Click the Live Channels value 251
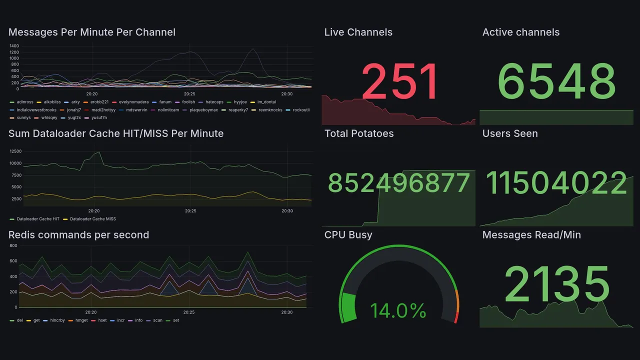(399, 81)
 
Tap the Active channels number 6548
(556, 81)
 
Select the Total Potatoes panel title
(358, 133)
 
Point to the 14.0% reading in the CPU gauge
(398, 310)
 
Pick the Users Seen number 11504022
(556, 183)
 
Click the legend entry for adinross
(25, 102)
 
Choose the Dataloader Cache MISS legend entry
(92, 219)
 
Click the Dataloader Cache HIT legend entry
(37, 219)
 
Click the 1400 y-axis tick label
(14, 46)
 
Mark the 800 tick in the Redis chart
(13, 245)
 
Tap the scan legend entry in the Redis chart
(157, 320)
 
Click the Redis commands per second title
(78, 235)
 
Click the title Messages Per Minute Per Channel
(92, 32)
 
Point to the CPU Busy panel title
(348, 235)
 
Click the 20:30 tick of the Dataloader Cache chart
(287, 211)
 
